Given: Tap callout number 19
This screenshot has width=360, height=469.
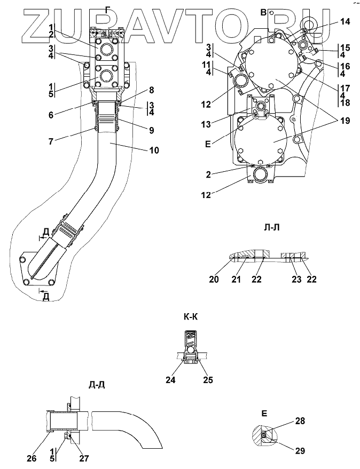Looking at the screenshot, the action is click(345, 121).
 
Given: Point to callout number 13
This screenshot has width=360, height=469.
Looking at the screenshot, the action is click(206, 124).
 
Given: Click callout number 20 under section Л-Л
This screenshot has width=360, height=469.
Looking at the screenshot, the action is click(214, 280).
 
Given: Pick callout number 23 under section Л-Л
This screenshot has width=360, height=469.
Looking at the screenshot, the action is click(296, 280).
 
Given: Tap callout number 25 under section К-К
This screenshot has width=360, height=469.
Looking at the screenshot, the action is click(208, 380).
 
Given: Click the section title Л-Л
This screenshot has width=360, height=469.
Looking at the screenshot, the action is click(272, 228).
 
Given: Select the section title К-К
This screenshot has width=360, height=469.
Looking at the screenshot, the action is click(191, 317).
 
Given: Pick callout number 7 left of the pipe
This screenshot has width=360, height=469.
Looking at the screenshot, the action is click(51, 141).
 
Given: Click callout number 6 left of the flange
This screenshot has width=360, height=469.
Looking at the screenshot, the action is click(51, 115).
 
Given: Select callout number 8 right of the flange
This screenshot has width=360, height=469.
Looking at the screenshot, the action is click(152, 90).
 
